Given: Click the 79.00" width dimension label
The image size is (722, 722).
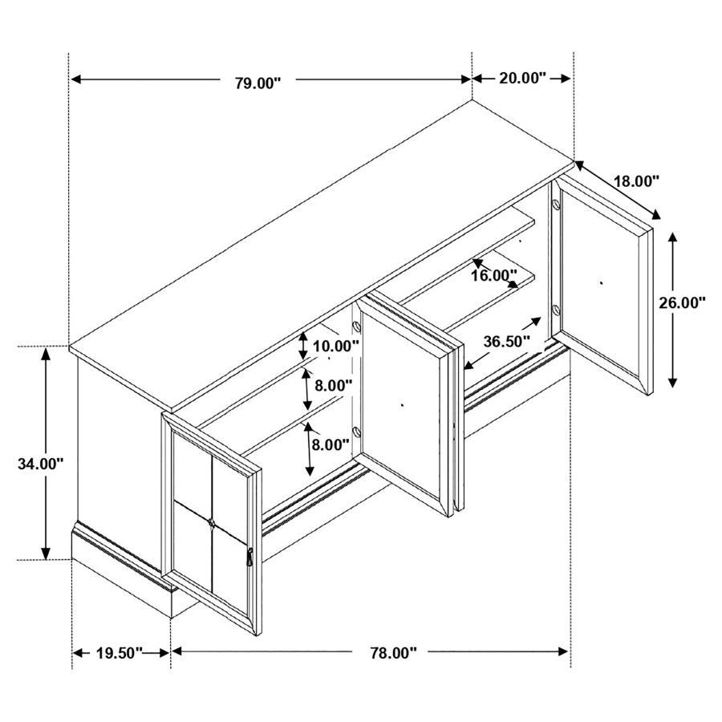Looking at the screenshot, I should tap(258, 80).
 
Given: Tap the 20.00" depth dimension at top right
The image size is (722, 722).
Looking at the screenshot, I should tap(522, 78).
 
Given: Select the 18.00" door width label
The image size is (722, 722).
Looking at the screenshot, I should tap(636, 181).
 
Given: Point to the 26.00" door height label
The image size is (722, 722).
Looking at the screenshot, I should tap(682, 302).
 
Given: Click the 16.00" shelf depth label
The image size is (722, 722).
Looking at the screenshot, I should tap(493, 276).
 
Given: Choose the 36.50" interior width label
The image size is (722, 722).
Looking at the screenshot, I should tap(507, 340).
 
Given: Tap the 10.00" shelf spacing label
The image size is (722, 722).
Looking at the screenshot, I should tap(335, 347).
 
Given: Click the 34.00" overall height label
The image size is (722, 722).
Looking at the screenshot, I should tap(40, 463).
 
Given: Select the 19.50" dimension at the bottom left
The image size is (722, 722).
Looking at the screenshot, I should tap(119, 652).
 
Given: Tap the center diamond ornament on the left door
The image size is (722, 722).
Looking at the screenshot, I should tap(212, 524).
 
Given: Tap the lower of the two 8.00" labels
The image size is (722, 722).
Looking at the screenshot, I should tap(331, 444).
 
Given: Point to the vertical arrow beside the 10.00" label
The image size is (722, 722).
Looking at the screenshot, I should tap(303, 346).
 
